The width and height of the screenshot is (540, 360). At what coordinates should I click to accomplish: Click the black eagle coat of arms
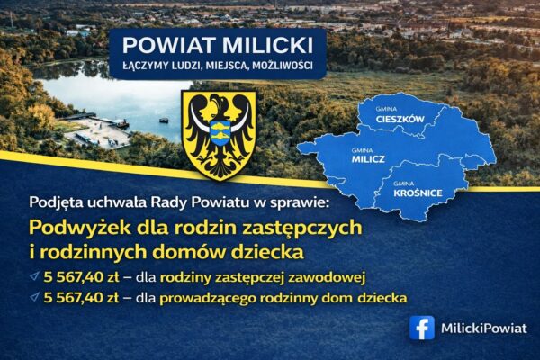(219, 133)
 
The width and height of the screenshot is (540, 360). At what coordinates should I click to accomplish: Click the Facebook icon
(421, 328)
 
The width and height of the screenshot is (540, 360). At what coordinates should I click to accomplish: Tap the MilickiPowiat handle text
(484, 328)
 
